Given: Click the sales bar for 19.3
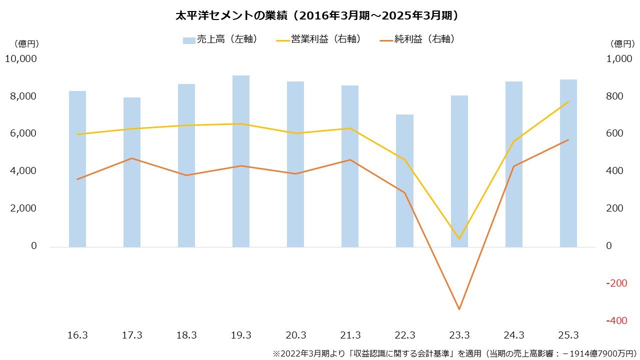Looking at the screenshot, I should click(241, 161).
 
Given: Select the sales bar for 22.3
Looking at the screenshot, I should click(404, 180).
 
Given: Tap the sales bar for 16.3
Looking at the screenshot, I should click(77, 169).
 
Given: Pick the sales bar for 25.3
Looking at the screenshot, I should click(568, 163).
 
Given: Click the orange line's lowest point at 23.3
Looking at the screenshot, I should click(459, 309).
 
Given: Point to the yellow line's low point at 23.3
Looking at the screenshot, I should click(459, 238).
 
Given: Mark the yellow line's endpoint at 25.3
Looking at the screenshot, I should click(568, 102).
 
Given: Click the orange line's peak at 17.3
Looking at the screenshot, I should click(132, 158).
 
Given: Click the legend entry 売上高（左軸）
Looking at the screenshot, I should click(220, 39).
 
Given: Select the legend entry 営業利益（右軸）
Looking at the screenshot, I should click(318, 39).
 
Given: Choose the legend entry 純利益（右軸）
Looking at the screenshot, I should click(417, 39).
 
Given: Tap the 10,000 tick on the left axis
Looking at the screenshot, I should click(20, 59).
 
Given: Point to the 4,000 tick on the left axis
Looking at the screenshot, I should click(23, 171).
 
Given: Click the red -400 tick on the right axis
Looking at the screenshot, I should click(616, 321).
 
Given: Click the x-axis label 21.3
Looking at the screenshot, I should click(350, 335).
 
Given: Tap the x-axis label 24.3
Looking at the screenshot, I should click(514, 335).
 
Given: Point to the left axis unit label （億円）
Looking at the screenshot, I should click(26, 43).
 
